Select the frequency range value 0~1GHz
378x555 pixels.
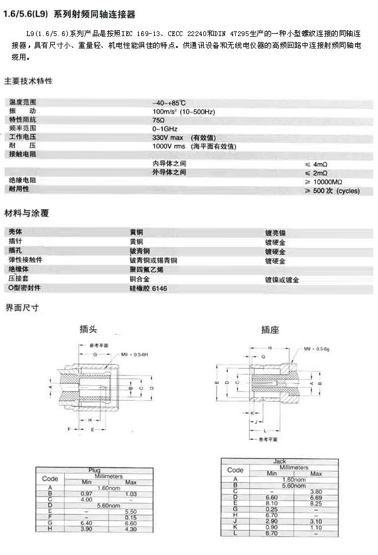pos(165,128)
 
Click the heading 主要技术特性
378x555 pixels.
pos(28,81)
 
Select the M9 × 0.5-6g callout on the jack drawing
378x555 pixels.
pos(318,350)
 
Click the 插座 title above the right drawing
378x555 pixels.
pos(270,330)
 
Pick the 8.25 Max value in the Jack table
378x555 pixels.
pos(317,503)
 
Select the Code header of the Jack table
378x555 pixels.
pos(236,470)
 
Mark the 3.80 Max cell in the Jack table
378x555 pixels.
pos(317,491)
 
